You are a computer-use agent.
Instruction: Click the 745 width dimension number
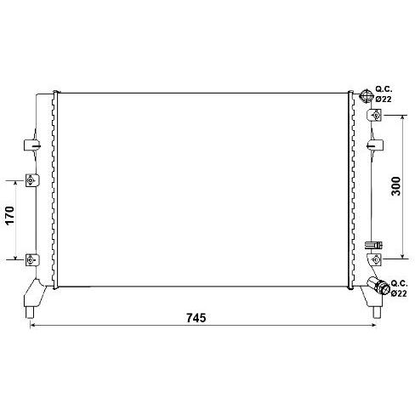196,318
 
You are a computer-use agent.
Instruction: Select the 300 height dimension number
396,186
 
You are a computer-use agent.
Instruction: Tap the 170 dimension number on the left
10,216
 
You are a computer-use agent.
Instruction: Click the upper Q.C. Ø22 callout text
384,94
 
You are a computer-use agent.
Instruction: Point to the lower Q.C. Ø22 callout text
399,288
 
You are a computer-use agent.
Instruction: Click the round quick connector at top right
366,95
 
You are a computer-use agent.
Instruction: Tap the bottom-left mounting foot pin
30,313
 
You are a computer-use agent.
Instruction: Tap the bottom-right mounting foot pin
377,313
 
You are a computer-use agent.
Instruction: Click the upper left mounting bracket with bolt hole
32,180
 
